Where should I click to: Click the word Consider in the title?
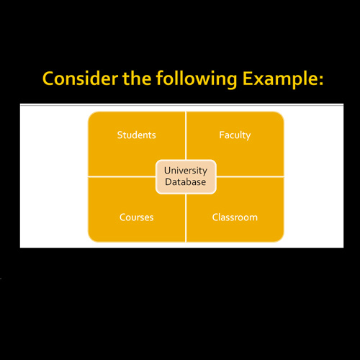tap(81, 78)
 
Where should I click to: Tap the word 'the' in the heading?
tap(137, 78)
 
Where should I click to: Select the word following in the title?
tap(197, 79)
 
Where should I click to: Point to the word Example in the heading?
tap(280, 79)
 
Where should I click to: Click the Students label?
tap(137, 135)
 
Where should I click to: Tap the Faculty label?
tap(235, 135)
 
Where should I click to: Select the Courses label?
tap(137, 217)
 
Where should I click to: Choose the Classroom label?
tap(235, 217)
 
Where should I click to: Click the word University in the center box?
tap(186, 171)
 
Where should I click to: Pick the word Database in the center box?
tap(186, 182)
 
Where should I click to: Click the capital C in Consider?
tap(48, 78)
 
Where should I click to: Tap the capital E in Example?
tap(247, 78)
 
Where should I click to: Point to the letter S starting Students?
tap(120, 135)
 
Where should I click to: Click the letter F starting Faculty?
tap(222, 135)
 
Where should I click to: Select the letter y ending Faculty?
tap(248, 137)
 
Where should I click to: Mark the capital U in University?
tap(168, 171)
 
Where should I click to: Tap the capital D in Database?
tap(168, 182)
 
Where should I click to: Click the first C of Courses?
tap(122, 217)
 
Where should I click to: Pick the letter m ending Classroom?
tap(253, 218)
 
